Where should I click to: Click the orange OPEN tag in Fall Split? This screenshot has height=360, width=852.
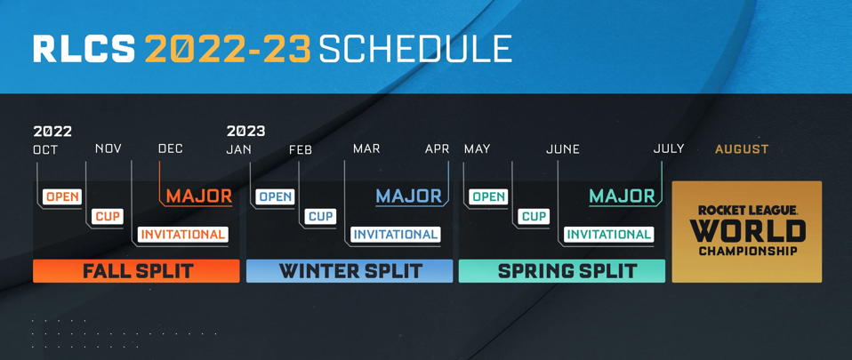[62, 196]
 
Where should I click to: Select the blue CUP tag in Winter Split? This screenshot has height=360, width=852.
[320, 216]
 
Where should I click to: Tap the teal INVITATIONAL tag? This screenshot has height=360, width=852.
[609, 235]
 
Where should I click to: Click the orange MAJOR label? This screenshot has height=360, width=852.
[198, 196]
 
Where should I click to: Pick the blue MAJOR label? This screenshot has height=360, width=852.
[409, 196]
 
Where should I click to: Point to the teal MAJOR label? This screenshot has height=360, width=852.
[622, 196]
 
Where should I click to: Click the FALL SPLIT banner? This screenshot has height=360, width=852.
[136, 271]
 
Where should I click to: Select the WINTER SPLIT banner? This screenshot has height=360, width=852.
[350, 271]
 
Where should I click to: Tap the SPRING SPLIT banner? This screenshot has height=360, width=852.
[562, 271]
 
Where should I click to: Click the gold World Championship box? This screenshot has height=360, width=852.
[747, 232]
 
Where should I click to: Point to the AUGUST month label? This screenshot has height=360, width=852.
[742, 149]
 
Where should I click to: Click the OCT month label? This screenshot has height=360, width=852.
[45, 149]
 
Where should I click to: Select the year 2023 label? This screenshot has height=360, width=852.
[245, 131]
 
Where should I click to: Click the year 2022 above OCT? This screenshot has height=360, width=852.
[52, 131]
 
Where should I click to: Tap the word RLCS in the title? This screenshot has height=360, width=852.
[84, 49]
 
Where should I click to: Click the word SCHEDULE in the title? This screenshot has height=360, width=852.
[415, 49]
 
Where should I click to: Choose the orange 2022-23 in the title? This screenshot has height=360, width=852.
[228, 49]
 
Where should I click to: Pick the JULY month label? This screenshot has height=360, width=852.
[669, 148]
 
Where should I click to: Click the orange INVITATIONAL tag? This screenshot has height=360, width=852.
[183, 235]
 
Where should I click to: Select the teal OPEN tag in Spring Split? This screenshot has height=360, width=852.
[488, 196]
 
